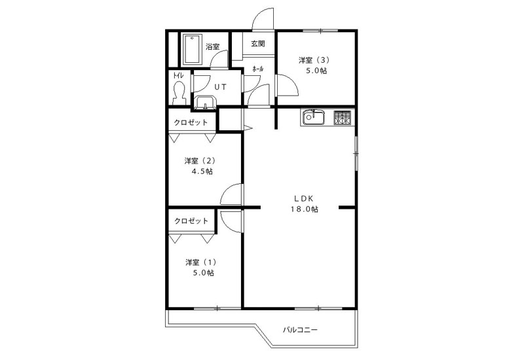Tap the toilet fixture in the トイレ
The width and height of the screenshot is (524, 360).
(179, 93)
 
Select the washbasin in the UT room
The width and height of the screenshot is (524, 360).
(205, 103)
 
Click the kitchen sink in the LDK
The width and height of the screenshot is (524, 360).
(314, 118)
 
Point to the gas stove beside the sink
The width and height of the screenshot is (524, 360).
(342, 118)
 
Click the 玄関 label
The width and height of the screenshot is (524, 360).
(257, 44)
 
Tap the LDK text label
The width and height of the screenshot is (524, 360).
(303, 199)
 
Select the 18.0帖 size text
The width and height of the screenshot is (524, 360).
(304, 209)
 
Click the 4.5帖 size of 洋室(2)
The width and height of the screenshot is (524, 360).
(201, 171)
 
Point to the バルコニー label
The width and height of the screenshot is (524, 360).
(300, 330)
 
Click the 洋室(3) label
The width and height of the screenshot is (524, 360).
(314, 60)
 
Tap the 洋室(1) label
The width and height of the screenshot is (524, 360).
(201, 262)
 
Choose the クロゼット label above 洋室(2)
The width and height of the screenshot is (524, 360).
(191, 122)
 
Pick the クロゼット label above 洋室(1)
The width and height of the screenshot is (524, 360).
(191, 221)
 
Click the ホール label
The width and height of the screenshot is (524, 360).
(257, 69)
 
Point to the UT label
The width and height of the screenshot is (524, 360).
(220, 87)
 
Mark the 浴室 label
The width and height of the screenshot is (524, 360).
(212, 46)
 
